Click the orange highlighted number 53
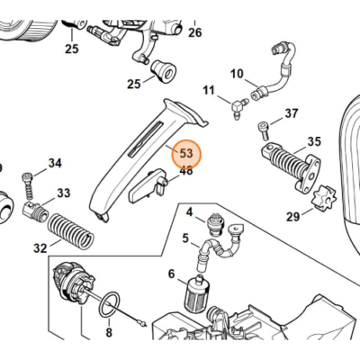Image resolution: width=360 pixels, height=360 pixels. (x=186, y=153)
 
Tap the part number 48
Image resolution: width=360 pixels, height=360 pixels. (x=186, y=170)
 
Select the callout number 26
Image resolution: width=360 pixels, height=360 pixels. (x=194, y=33)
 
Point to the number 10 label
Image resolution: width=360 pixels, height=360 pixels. (x=238, y=73)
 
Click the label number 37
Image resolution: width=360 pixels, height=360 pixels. (x=291, y=113)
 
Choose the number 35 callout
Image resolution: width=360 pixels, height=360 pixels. (x=313, y=141)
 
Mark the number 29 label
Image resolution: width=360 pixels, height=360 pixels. (x=293, y=217)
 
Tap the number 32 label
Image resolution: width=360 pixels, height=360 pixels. (x=40, y=247)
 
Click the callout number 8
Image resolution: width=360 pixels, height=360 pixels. (x=109, y=334)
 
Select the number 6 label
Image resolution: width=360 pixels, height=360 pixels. (x=171, y=275)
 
